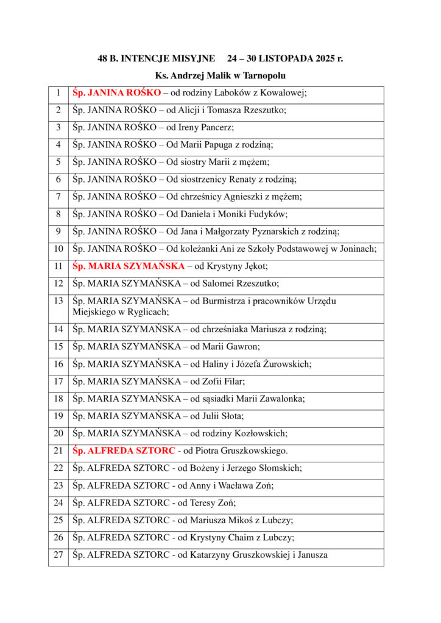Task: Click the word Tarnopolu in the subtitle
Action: click(264, 76)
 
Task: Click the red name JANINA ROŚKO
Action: click(124, 93)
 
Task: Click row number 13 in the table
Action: click(58, 301)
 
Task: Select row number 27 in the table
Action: click(58, 555)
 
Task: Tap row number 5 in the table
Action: click(58, 162)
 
